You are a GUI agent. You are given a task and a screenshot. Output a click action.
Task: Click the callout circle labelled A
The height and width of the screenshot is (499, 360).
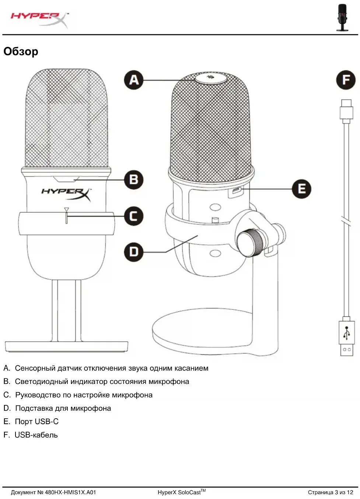[x=134, y=80]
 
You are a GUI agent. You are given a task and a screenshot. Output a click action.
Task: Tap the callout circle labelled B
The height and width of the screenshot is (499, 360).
[x=133, y=180]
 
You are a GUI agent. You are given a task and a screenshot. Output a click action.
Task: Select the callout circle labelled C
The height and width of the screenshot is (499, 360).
[x=133, y=216]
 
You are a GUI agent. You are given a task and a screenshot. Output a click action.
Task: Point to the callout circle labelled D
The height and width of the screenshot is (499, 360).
[x=133, y=252]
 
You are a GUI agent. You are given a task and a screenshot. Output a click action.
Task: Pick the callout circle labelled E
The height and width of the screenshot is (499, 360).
[x=301, y=189]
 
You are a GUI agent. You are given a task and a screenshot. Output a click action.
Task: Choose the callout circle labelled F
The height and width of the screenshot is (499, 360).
[x=346, y=80]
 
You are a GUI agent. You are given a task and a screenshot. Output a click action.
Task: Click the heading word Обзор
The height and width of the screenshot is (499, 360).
[x=21, y=52]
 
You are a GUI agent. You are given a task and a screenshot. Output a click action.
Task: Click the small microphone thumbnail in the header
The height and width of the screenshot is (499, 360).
[x=342, y=17]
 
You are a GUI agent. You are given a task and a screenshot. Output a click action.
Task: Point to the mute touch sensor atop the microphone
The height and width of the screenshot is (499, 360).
[x=210, y=78]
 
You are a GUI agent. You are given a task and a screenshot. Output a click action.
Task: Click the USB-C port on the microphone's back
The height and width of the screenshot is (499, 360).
[x=235, y=191]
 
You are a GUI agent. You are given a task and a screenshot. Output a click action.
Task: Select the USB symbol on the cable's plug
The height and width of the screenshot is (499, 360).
[x=347, y=333]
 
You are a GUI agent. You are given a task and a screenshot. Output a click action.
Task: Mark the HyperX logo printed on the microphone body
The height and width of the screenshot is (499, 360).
[x=66, y=193]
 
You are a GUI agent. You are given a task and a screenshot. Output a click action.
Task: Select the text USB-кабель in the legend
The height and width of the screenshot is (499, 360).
[x=36, y=435]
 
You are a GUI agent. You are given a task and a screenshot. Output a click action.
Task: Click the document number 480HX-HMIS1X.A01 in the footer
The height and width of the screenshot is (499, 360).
[x=70, y=492]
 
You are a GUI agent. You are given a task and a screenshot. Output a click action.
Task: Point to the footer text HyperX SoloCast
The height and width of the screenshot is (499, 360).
[x=179, y=492]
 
